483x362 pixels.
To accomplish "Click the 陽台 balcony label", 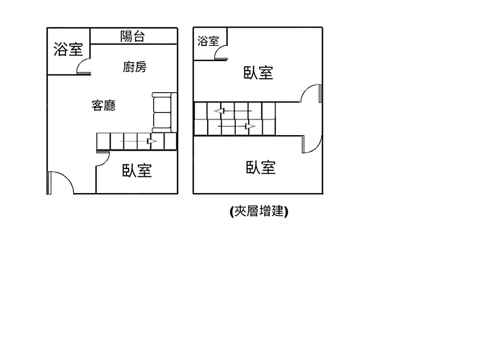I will click(132, 36).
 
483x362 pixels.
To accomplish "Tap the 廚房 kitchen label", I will click(134, 67).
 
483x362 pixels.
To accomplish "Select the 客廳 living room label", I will click(104, 105).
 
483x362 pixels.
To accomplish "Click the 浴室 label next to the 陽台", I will click(68, 49).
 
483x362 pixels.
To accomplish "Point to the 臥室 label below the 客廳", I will click(137, 170).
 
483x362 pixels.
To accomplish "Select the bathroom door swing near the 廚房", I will click(84, 67).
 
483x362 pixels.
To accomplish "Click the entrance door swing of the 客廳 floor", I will click(60, 183).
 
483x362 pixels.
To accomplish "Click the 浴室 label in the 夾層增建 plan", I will click(208, 42).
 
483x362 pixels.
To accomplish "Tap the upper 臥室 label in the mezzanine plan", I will click(258, 73).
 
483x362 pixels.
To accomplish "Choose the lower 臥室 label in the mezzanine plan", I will click(261, 168).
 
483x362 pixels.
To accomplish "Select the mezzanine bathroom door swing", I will click(221, 53).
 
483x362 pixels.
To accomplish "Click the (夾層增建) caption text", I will click(259, 211).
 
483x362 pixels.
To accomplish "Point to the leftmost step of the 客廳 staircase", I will click(103, 141).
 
